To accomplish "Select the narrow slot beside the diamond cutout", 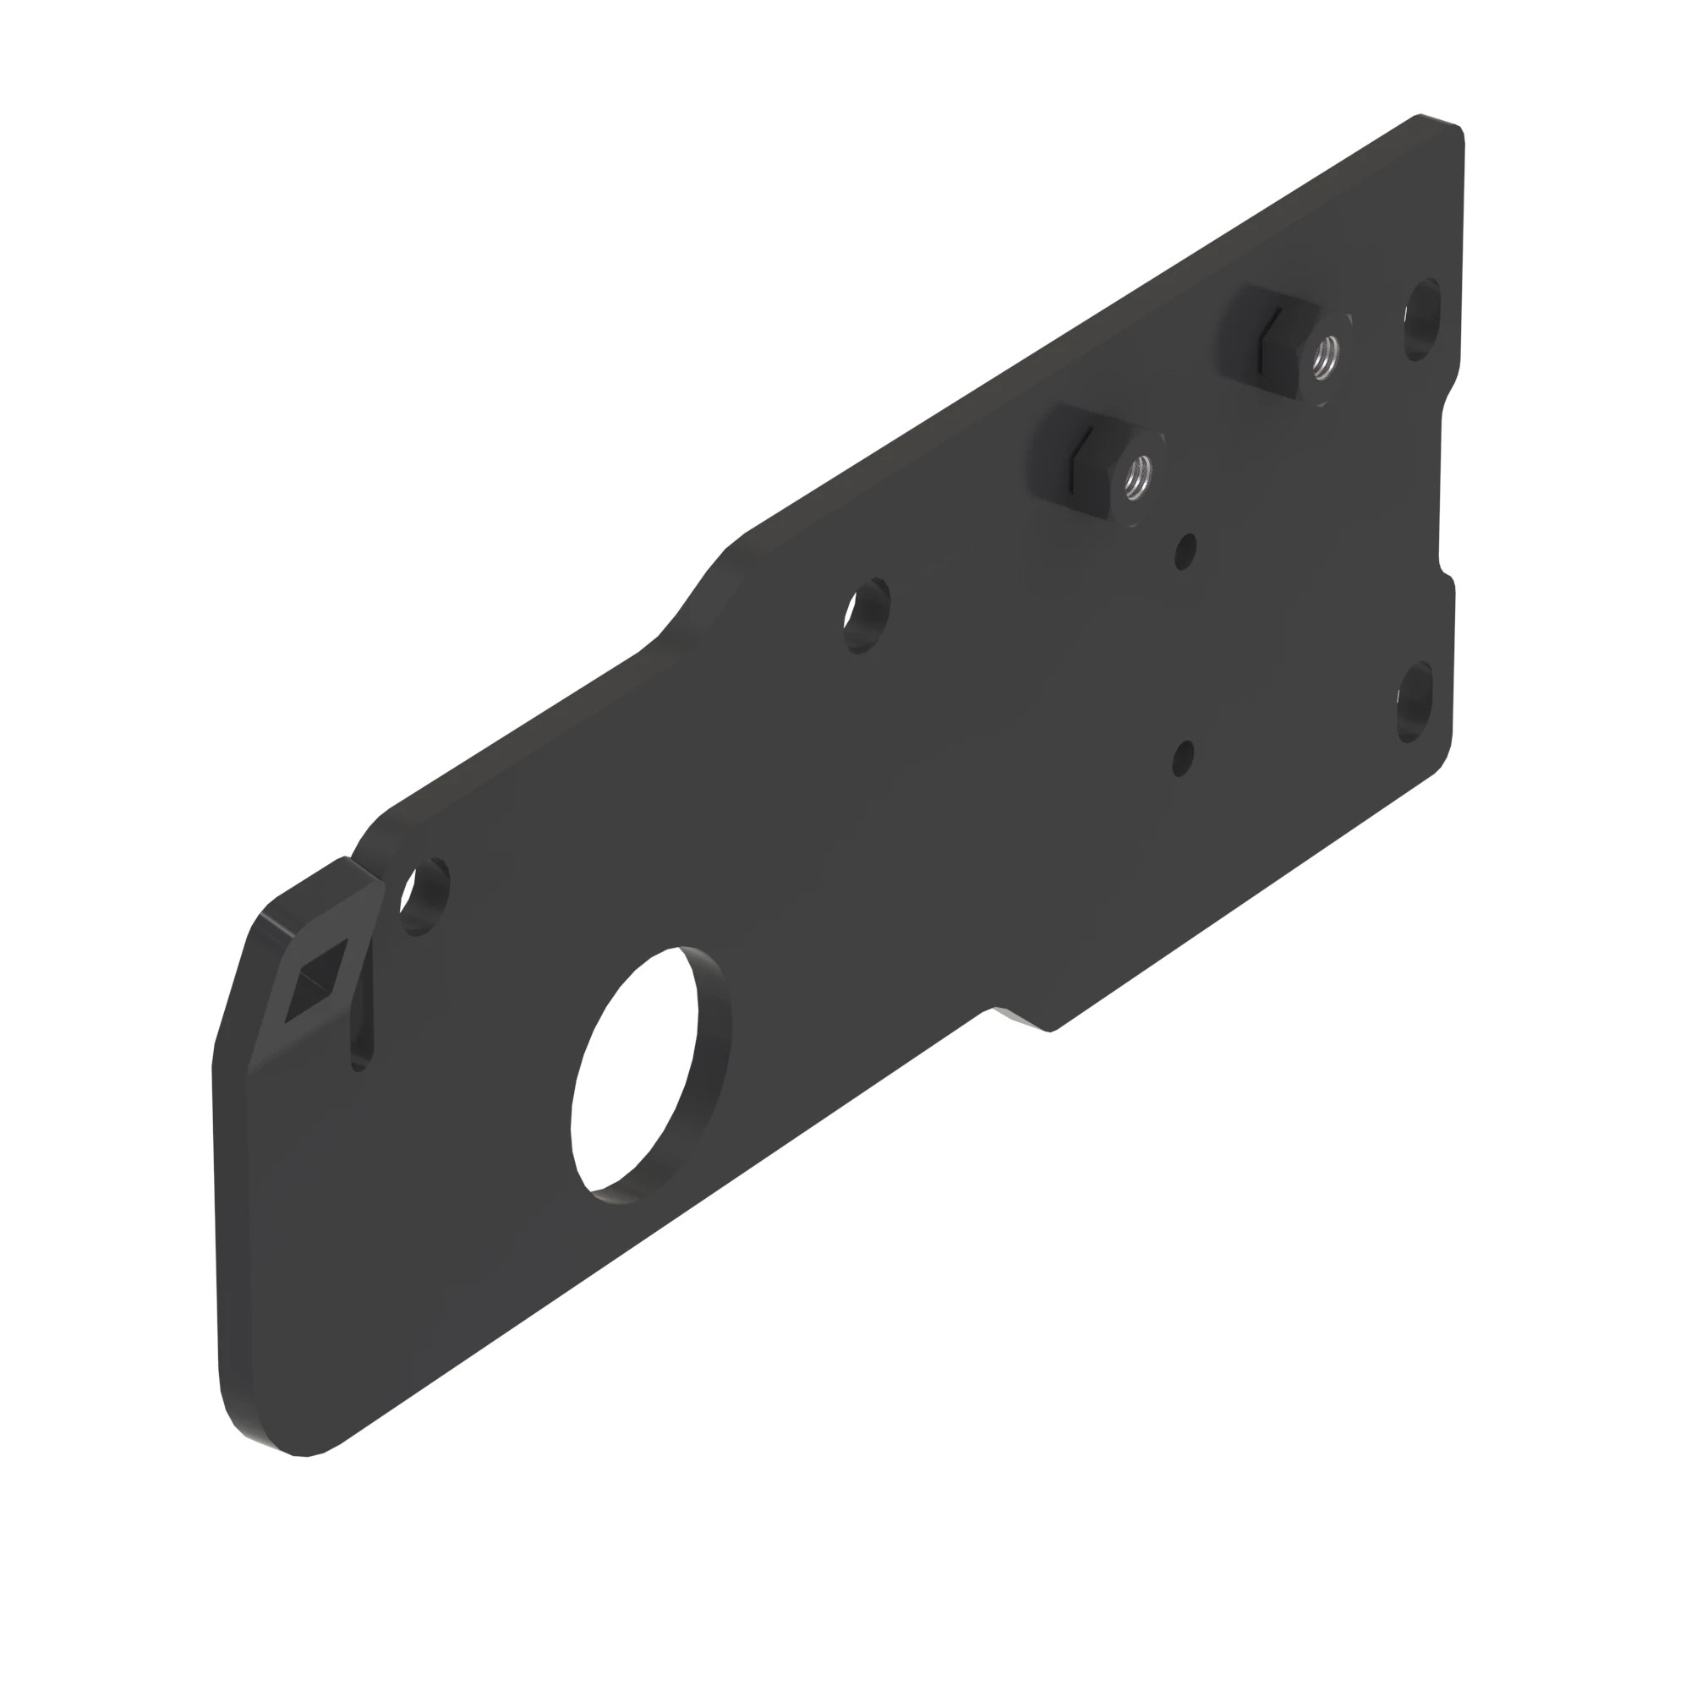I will click(362, 1015).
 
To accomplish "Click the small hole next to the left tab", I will click(424, 897).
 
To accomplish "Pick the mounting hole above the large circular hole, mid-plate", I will click(867, 616).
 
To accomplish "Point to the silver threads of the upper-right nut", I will click(1325, 354).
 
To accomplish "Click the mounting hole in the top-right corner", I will click(1422, 319).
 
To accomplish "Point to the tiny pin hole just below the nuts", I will click(1185, 551).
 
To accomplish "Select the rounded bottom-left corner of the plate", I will click(263, 1436).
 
